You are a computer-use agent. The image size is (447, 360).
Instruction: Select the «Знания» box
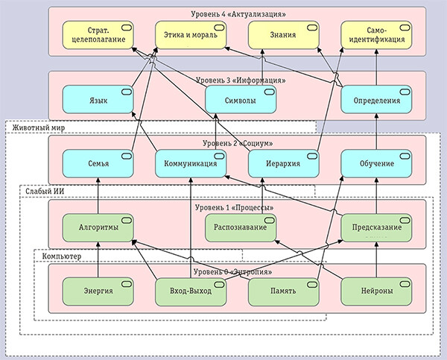pos(282,34)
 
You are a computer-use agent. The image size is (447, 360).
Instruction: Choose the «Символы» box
pos(237,100)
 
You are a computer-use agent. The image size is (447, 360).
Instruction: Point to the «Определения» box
pos(375,100)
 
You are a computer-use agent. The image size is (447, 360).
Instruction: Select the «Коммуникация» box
pos(191,163)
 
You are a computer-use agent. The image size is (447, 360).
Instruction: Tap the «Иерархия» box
pos(282,163)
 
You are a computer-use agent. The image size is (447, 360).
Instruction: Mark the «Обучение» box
pos(375,163)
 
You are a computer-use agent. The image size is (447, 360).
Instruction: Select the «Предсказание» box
pos(375,227)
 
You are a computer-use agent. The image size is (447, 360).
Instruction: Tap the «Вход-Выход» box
pos(191,290)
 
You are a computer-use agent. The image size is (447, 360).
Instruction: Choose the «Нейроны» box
pos(375,290)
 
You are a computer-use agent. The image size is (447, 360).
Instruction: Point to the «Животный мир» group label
pos(37,127)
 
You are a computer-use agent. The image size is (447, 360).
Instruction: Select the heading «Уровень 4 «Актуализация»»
pos(236,13)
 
